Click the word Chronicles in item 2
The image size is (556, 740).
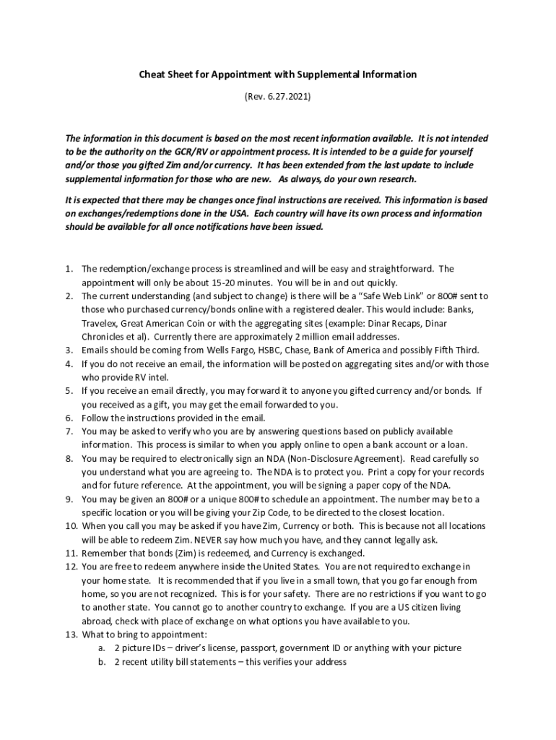104,336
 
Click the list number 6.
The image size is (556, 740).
69,418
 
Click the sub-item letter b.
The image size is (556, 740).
102,661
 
